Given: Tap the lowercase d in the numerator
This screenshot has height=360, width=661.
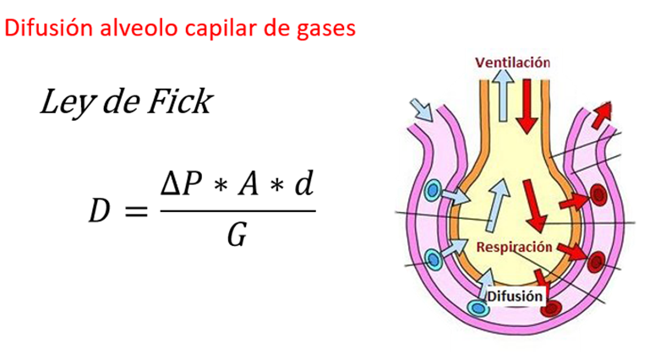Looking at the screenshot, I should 301,183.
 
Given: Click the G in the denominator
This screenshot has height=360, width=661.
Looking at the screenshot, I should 238,236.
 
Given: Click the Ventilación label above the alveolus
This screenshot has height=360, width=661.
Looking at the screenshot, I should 512,63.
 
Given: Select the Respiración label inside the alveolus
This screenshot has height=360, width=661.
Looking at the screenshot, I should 514,247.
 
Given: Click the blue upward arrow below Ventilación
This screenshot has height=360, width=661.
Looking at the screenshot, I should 504,94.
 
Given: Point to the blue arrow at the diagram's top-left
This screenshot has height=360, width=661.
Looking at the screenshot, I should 420,109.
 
